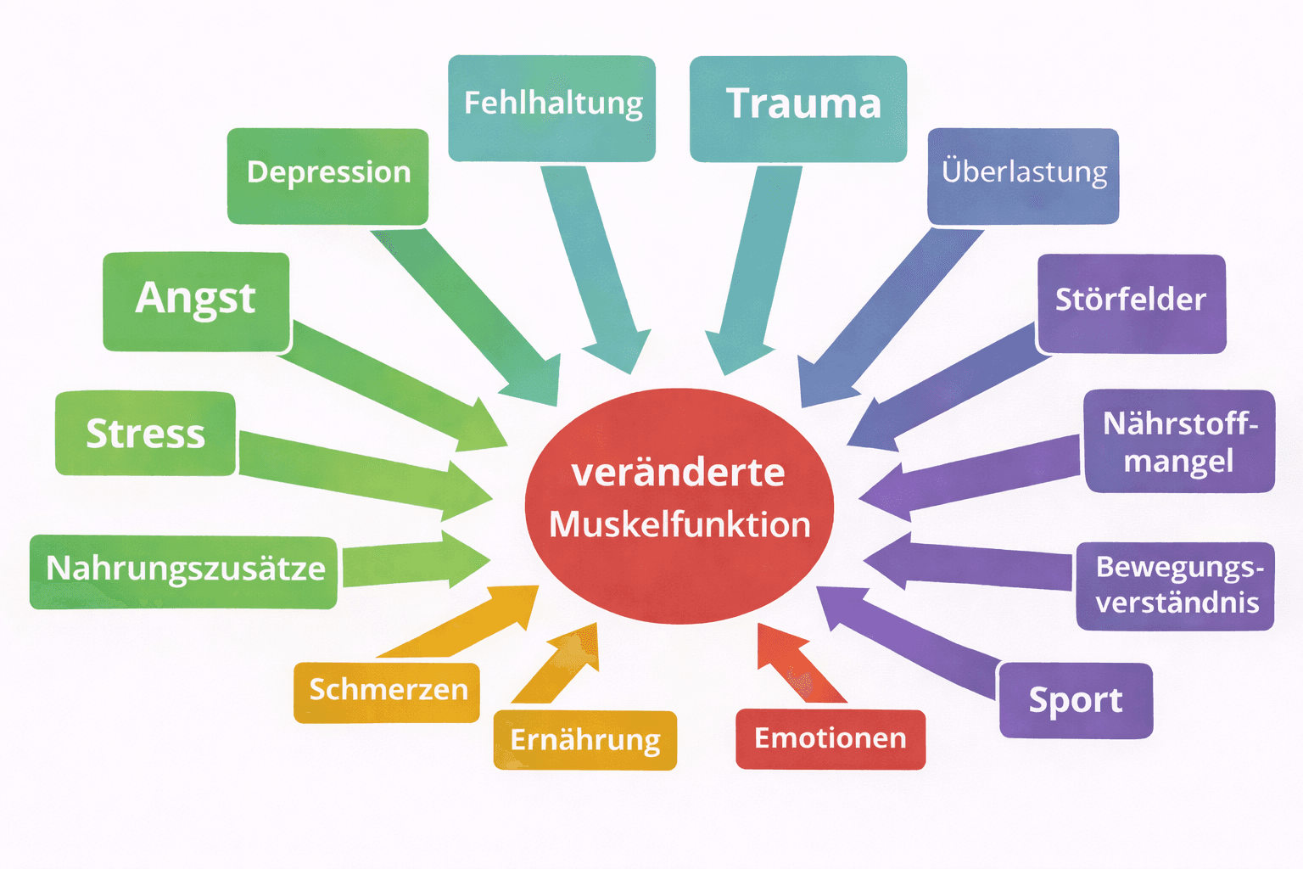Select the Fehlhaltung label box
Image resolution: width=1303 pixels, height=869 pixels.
pos(551,108)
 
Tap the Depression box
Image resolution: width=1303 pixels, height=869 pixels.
pos(327,176)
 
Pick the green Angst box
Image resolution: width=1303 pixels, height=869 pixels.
pos(196,300)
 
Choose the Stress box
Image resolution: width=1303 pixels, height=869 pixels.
pos(145,434)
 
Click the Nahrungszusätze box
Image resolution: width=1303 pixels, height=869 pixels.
pos(183,571)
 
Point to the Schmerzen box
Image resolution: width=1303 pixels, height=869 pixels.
pos(387,692)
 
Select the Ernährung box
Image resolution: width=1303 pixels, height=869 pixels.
pos(584,740)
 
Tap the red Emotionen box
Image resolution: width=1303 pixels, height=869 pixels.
pos(830,739)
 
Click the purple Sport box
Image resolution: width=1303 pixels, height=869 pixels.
pos(1076,700)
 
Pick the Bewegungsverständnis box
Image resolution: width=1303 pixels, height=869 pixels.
pos(1175,586)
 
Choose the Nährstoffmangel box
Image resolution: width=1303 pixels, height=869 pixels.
pos(1179,441)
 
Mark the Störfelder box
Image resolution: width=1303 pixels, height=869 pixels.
pos(1132,302)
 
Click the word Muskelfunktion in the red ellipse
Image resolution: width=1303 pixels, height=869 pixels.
pos(679,524)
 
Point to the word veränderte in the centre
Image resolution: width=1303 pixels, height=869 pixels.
pos(678,473)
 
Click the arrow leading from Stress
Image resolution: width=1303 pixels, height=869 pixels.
pos(365,472)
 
